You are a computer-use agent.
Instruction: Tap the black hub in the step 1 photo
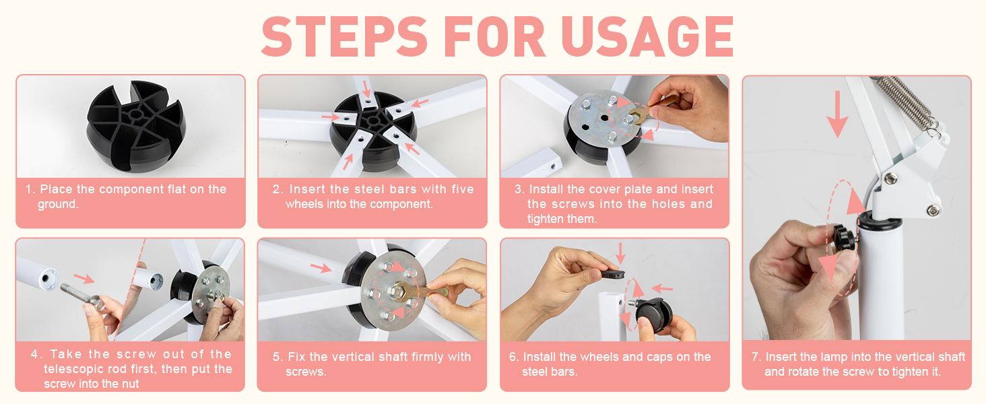[x=135, y=125]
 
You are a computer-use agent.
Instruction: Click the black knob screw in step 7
[x=845, y=238]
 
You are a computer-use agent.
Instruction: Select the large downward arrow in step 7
[x=837, y=114]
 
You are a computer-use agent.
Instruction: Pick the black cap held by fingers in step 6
[x=613, y=274]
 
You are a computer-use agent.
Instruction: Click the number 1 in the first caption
[x=29, y=189]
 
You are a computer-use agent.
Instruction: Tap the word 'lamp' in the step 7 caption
[x=822, y=358]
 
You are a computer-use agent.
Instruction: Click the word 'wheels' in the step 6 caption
[x=600, y=356]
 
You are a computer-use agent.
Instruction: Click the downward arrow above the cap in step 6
[x=621, y=253]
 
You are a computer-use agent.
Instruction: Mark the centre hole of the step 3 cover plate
[x=604, y=118]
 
